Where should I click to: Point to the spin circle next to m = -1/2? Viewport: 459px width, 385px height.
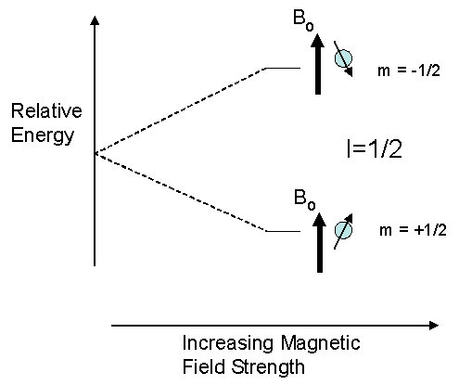pyautogui.click(x=344, y=59)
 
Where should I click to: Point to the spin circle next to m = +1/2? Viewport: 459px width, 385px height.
pyautogui.click(x=343, y=229)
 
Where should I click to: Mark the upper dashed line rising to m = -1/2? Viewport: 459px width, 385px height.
pyautogui.click(x=181, y=109)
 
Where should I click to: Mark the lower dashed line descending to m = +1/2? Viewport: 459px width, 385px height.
pyautogui.click(x=181, y=192)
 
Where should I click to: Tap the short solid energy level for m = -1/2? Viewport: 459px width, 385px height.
pyautogui.click(x=283, y=68)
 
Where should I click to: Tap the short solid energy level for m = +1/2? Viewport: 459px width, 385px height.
pyautogui.click(x=283, y=231)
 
